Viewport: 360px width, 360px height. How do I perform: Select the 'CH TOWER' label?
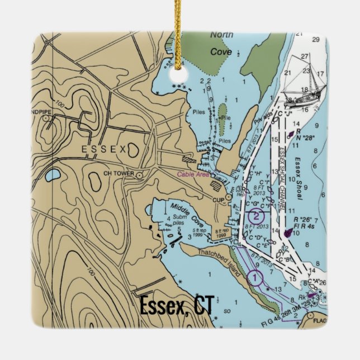[x=119, y=174]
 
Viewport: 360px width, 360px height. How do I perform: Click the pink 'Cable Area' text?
[x=193, y=174]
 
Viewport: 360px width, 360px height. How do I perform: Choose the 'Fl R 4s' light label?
[x=306, y=226]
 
